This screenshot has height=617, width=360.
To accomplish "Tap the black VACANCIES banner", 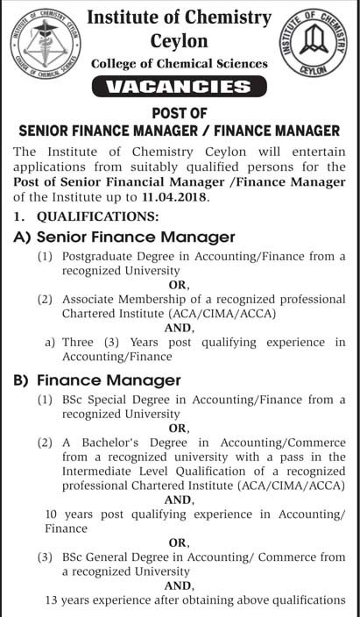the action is (x=180, y=87).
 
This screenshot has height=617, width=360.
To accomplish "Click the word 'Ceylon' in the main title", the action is (x=180, y=40).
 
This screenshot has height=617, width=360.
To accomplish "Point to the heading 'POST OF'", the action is (x=180, y=111).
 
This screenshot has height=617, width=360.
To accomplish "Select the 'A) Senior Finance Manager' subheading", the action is (x=124, y=237).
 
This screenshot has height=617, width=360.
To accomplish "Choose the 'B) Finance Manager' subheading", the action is (x=97, y=380).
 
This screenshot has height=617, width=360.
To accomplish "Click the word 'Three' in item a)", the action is (x=79, y=342).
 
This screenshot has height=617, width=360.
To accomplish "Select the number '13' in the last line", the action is (x=53, y=600).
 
